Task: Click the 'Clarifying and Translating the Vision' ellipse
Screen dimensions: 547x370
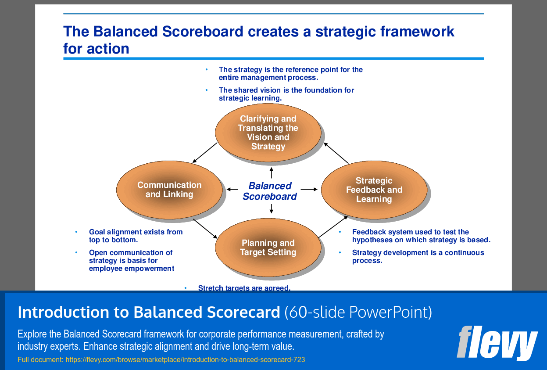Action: (268, 133)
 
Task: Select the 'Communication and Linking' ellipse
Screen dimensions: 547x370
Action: (169, 190)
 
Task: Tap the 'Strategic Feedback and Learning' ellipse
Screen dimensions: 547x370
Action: (374, 190)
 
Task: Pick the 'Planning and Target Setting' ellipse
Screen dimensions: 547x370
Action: (268, 247)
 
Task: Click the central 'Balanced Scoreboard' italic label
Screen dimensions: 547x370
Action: (270, 191)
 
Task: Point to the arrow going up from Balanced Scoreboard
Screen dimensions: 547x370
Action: (271, 173)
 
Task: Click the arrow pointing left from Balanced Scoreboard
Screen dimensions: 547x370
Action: (232, 189)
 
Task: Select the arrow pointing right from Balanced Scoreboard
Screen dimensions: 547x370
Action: (309, 189)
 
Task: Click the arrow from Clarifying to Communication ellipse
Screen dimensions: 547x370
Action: (205, 153)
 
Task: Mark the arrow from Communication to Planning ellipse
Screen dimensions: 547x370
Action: (205, 229)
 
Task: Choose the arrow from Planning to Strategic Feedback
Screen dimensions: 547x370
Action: (333, 227)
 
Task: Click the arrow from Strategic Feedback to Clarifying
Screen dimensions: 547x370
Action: (336, 153)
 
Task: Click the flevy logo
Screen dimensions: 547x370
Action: (497, 343)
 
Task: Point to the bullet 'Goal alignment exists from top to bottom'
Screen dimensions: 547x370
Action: (136, 236)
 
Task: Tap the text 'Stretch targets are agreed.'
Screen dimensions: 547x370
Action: (244, 287)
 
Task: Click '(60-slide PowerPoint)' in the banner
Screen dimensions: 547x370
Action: (358, 313)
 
